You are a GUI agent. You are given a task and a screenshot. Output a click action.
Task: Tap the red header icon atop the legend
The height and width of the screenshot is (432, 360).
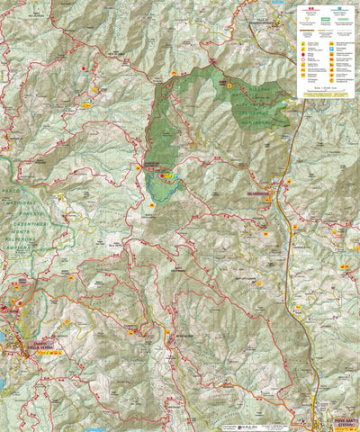coord(310,8)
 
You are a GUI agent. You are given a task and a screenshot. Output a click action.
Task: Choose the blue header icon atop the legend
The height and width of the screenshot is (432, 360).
coord(343,8)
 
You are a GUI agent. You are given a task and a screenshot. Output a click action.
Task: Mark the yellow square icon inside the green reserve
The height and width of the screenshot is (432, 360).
coord(229,85)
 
